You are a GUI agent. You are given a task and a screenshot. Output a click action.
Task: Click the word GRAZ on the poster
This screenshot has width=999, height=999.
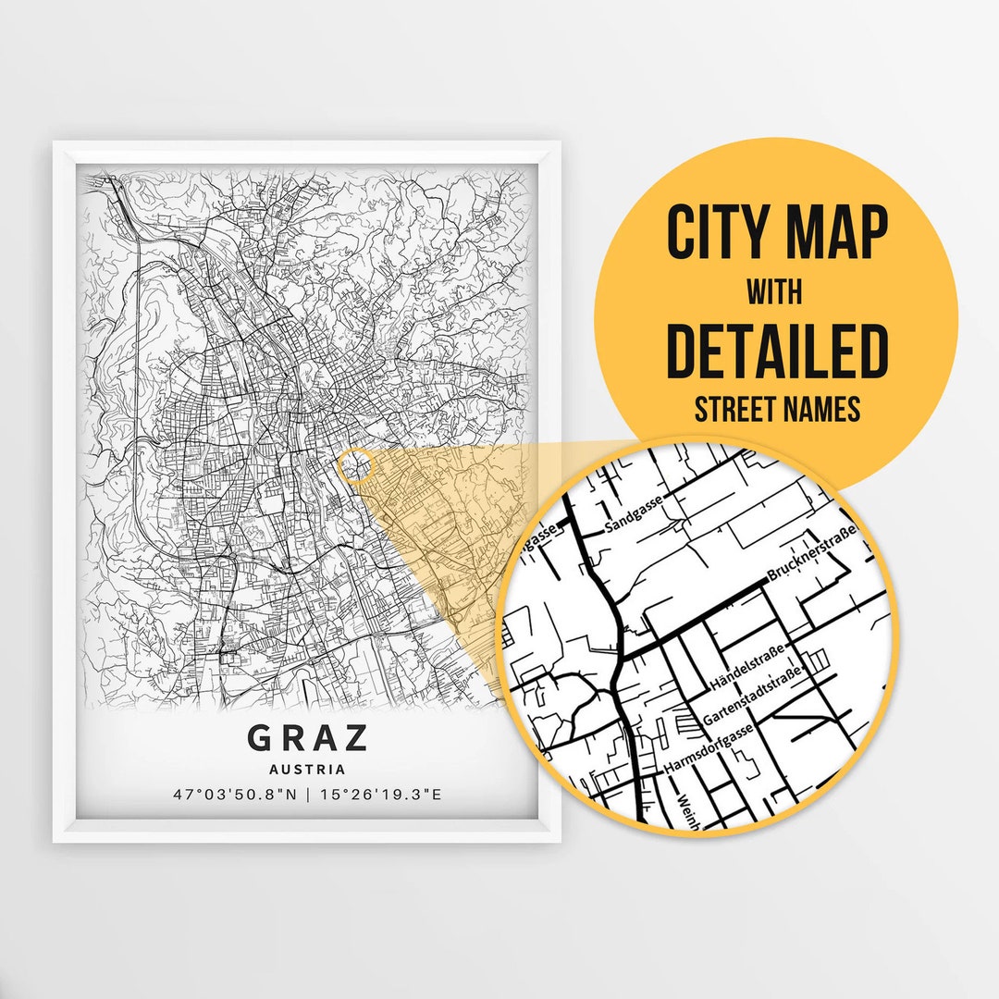point(307,738)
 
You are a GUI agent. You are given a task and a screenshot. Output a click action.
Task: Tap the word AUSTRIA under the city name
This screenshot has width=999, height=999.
point(307,769)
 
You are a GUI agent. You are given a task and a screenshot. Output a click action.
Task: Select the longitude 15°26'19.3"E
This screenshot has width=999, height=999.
point(381,794)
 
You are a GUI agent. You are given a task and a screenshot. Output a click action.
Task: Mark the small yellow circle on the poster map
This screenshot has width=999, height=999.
point(355,466)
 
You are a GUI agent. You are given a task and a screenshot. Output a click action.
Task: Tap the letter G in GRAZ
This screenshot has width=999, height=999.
point(260,738)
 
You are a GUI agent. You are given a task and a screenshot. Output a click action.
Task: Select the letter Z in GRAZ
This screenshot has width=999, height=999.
point(356,738)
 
